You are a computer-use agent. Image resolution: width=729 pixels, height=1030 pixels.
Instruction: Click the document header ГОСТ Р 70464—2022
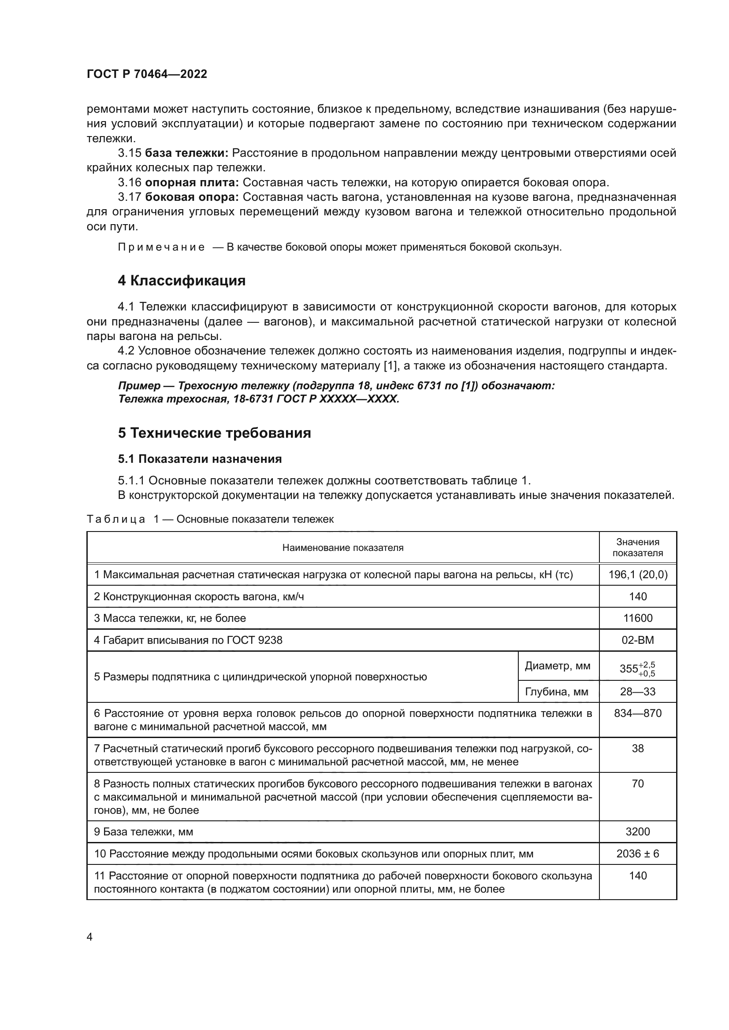(147, 74)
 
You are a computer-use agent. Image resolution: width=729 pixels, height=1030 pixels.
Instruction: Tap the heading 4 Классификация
(181, 281)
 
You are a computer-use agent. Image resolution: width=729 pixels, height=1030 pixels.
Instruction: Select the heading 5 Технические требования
(214, 433)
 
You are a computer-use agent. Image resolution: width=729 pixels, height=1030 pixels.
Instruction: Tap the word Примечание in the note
(161, 247)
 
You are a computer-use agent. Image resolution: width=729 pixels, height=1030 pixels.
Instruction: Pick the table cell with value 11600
(637, 618)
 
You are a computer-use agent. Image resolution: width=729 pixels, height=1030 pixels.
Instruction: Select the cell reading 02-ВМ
(637, 640)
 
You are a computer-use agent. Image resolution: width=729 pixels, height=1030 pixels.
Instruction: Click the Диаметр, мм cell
(558, 666)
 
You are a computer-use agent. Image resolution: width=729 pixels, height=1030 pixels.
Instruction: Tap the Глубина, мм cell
(556, 692)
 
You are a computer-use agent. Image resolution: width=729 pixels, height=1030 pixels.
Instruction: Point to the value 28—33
(637, 692)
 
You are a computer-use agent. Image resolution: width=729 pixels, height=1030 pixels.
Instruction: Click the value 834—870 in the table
(637, 713)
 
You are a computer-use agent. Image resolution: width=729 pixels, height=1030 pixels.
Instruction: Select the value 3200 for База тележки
(637, 832)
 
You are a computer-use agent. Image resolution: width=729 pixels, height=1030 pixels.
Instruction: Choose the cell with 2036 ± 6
(637, 854)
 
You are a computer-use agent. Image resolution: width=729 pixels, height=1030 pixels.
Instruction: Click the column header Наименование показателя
(342, 548)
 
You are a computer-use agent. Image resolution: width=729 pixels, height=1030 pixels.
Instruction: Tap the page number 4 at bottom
(89, 937)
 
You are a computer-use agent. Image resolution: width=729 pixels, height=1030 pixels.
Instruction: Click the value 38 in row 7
(637, 749)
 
